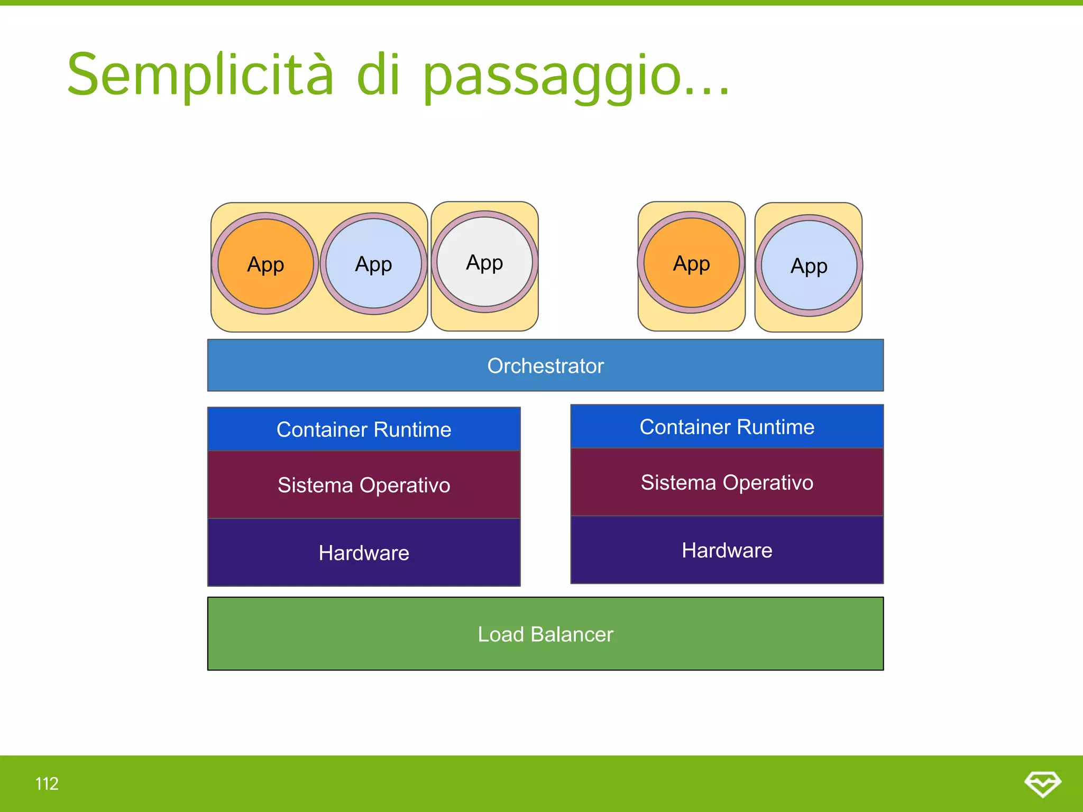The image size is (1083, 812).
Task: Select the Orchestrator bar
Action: click(545, 366)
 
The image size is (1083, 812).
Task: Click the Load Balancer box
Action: click(545, 634)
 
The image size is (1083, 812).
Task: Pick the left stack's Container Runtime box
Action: click(364, 429)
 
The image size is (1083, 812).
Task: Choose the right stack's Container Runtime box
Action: click(727, 427)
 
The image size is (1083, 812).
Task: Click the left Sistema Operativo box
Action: click(364, 485)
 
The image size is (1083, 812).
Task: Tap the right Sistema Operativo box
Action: click(727, 482)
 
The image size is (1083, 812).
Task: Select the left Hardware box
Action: click(364, 552)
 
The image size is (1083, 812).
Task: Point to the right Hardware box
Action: click(727, 550)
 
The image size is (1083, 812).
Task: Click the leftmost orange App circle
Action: click(265, 264)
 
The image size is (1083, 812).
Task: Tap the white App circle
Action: click(484, 262)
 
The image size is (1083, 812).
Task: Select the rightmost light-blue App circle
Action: click(809, 265)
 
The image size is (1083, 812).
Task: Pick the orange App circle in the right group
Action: click(691, 263)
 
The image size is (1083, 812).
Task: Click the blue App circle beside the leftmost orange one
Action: click(373, 264)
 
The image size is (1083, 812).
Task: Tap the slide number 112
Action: click(47, 783)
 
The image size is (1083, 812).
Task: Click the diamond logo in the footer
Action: click(1042, 783)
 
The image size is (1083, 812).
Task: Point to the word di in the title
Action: click(378, 76)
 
